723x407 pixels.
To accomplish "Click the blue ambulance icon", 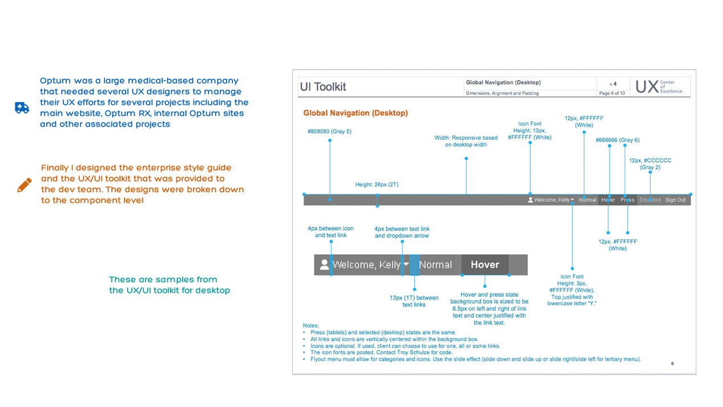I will click(x=22, y=108).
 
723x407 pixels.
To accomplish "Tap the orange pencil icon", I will click(x=25, y=184).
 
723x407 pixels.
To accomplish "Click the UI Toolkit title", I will click(x=323, y=87).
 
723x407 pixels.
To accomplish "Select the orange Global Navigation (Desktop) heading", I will click(x=356, y=113).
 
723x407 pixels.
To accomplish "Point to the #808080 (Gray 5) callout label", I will click(x=329, y=131).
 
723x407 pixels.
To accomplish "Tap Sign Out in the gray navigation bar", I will click(x=676, y=200).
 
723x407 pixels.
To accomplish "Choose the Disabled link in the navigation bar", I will click(x=650, y=200).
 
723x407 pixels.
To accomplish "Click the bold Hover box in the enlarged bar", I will click(x=484, y=265).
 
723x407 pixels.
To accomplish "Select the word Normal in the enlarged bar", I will click(x=435, y=265).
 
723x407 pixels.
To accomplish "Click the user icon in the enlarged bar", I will click(x=324, y=265).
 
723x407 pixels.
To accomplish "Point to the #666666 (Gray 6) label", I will click(x=617, y=140).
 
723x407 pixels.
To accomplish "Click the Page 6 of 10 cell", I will click(x=612, y=93).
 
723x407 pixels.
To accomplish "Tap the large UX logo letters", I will click(x=647, y=87).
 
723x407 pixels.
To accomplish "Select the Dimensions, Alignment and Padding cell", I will click(x=502, y=93).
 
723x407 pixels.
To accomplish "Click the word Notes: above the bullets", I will click(x=311, y=325).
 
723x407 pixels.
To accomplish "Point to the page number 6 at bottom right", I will click(x=672, y=364).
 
